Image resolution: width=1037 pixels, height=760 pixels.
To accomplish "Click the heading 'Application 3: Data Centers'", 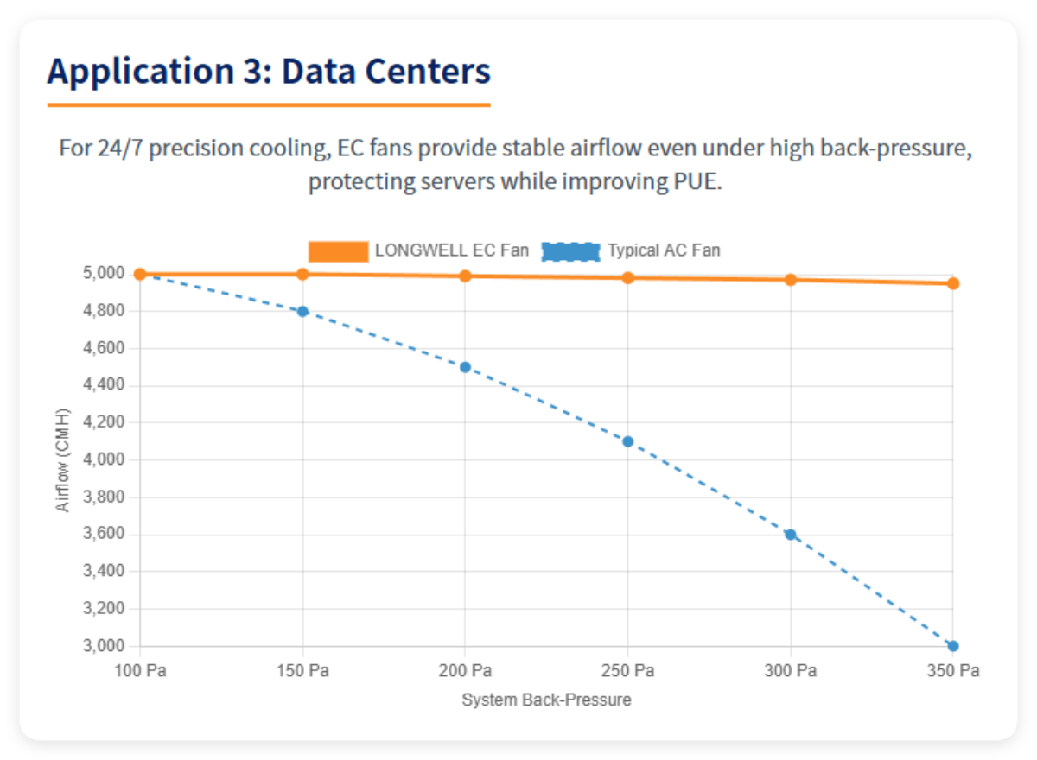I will coord(269,71).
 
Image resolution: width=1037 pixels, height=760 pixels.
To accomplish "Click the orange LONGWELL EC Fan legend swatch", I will coord(338,251).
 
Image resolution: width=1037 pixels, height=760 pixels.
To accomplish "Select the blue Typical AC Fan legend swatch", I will coord(570,251).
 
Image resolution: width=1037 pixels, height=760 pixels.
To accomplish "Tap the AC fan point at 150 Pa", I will coord(302,311).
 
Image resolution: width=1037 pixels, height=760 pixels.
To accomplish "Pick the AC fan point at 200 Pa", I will coord(465,367).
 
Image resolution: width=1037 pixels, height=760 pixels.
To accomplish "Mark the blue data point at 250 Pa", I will coord(628,441).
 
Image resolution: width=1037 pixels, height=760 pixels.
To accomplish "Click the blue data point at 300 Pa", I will coord(790,535).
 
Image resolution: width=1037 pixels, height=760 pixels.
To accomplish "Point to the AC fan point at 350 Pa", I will coord(952,646).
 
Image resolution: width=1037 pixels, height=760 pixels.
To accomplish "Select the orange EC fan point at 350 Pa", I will coord(952,283).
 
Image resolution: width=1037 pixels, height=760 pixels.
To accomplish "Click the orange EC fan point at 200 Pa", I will coord(465,276).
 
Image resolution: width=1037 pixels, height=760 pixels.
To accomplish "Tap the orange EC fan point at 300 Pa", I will coord(790,280).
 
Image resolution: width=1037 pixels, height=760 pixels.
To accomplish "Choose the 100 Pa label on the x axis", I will coord(140,671).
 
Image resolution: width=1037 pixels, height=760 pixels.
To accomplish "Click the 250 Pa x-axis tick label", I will coord(628,671).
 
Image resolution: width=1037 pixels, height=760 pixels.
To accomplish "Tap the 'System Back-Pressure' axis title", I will coord(546,700).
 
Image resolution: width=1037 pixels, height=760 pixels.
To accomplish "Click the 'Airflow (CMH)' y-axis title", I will coord(64,460).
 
